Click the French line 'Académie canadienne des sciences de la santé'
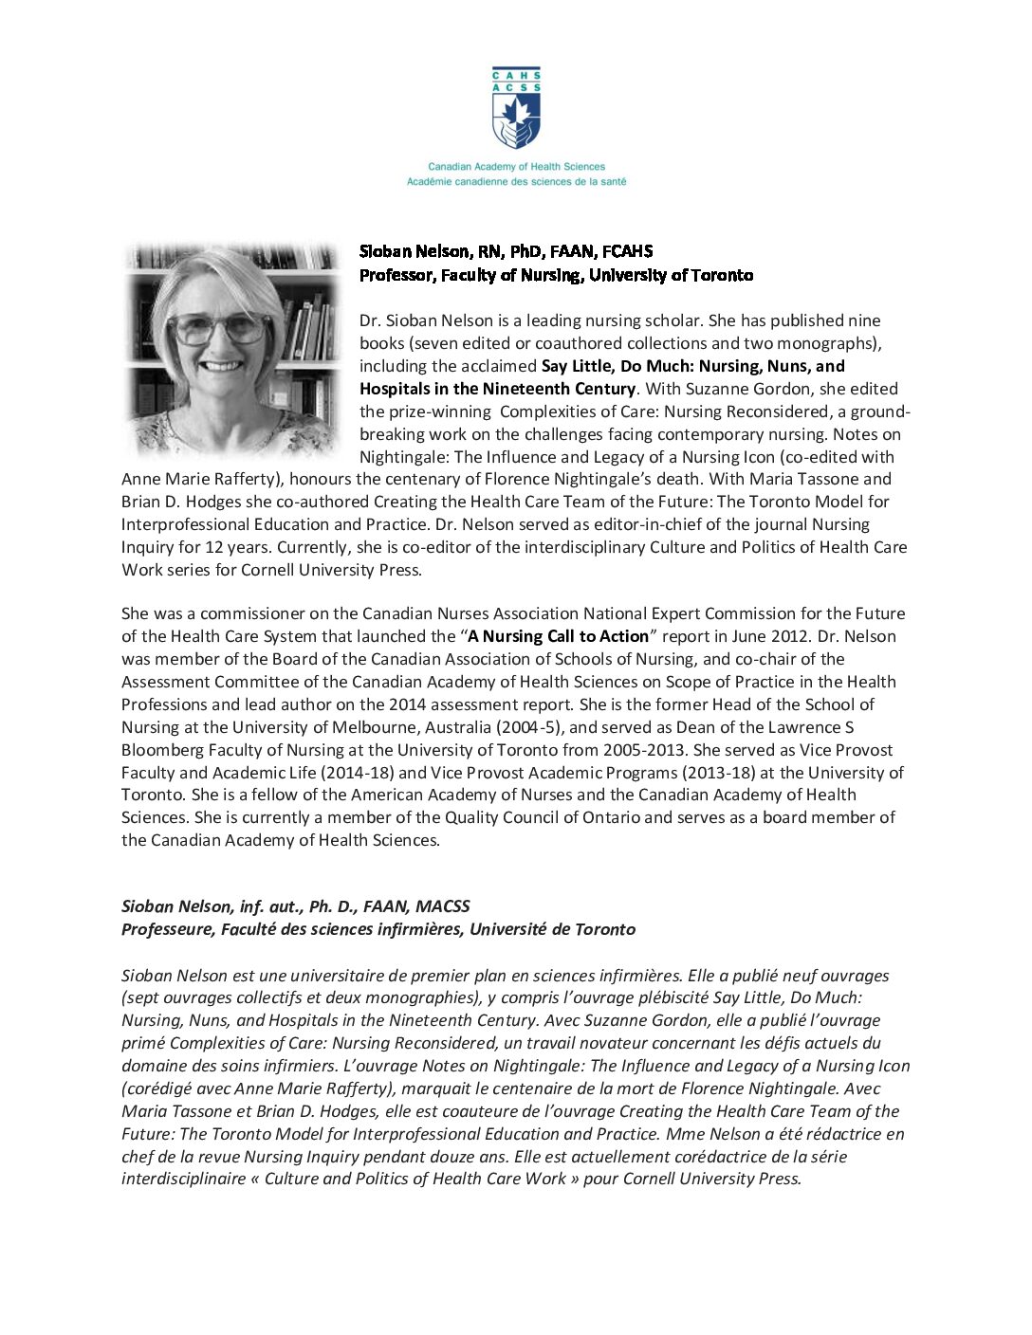[x=516, y=181]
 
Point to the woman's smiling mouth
[x=222, y=366]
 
